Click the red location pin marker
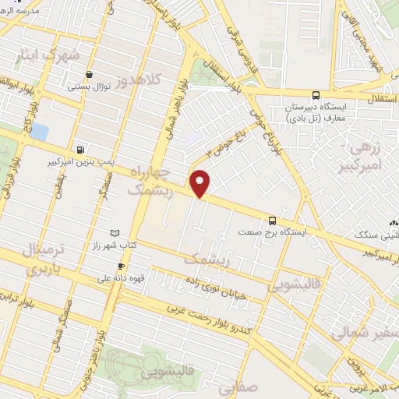click(x=200, y=183)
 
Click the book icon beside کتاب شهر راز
click(x=116, y=233)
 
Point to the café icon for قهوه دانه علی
click(x=121, y=267)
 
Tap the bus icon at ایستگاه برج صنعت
click(x=272, y=220)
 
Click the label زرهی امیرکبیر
click(x=363, y=156)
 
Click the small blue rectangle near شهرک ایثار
click(x=38, y=131)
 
